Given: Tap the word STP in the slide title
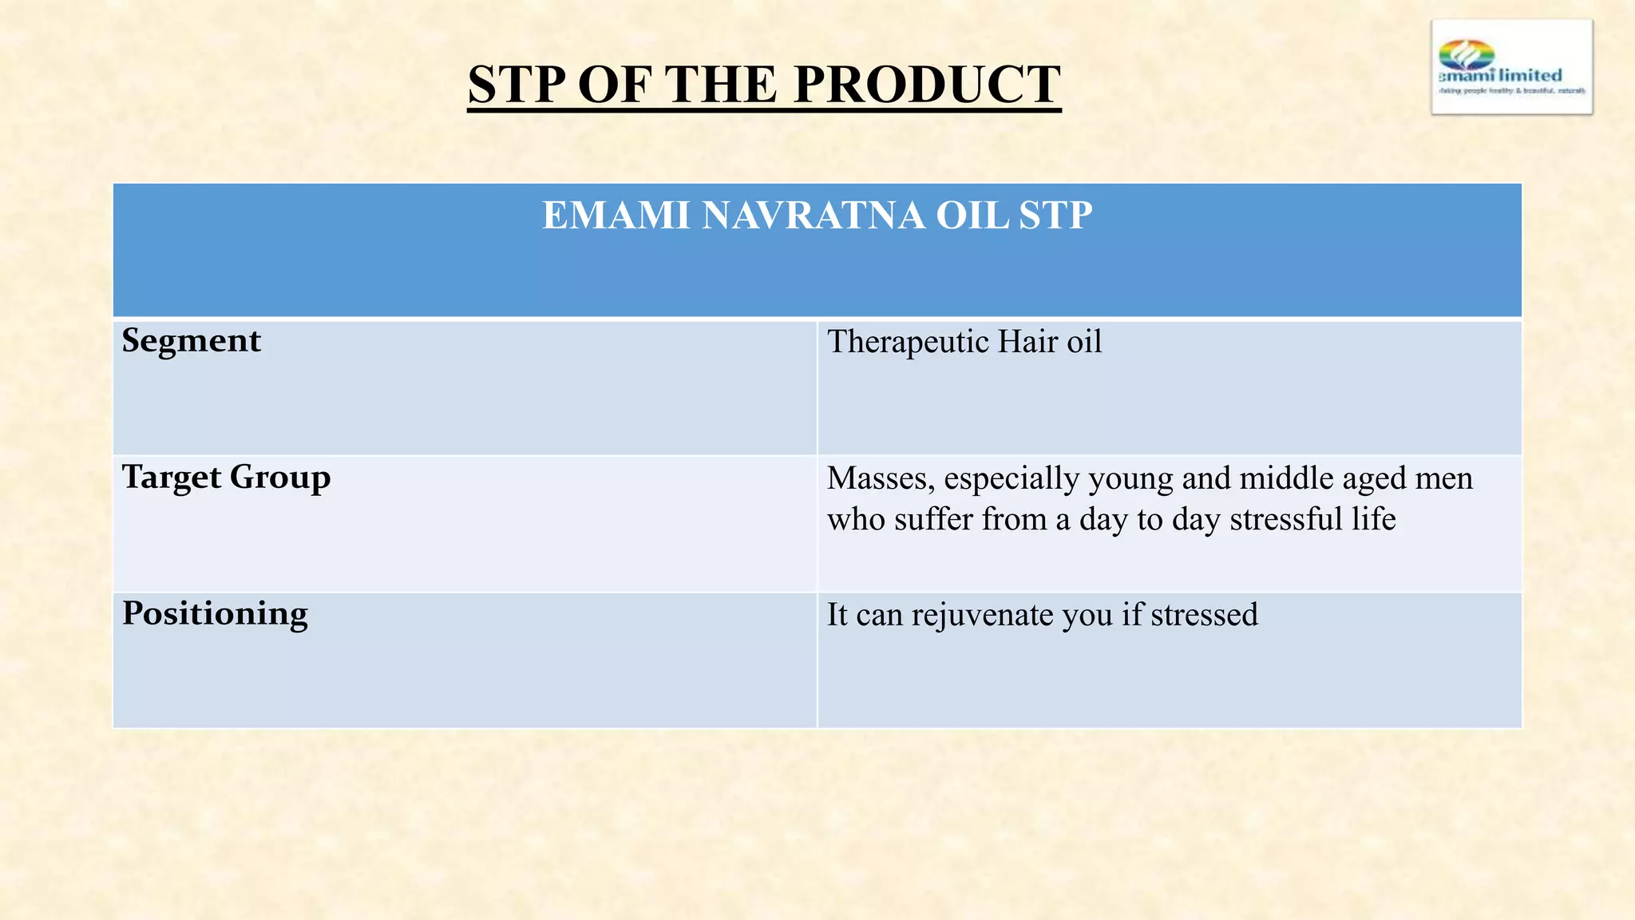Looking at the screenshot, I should (x=516, y=85).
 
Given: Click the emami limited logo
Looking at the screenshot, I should (x=1511, y=68).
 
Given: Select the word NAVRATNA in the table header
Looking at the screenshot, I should (x=814, y=216).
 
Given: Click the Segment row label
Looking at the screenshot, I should (x=192, y=341).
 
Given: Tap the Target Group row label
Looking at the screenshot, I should (x=226, y=478).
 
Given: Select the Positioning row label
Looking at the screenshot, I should (x=215, y=613).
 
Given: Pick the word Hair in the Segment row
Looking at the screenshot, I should (x=1016, y=342).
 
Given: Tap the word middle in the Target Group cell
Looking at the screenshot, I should (x=1286, y=478).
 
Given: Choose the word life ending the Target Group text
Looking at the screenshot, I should (x=1374, y=520).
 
